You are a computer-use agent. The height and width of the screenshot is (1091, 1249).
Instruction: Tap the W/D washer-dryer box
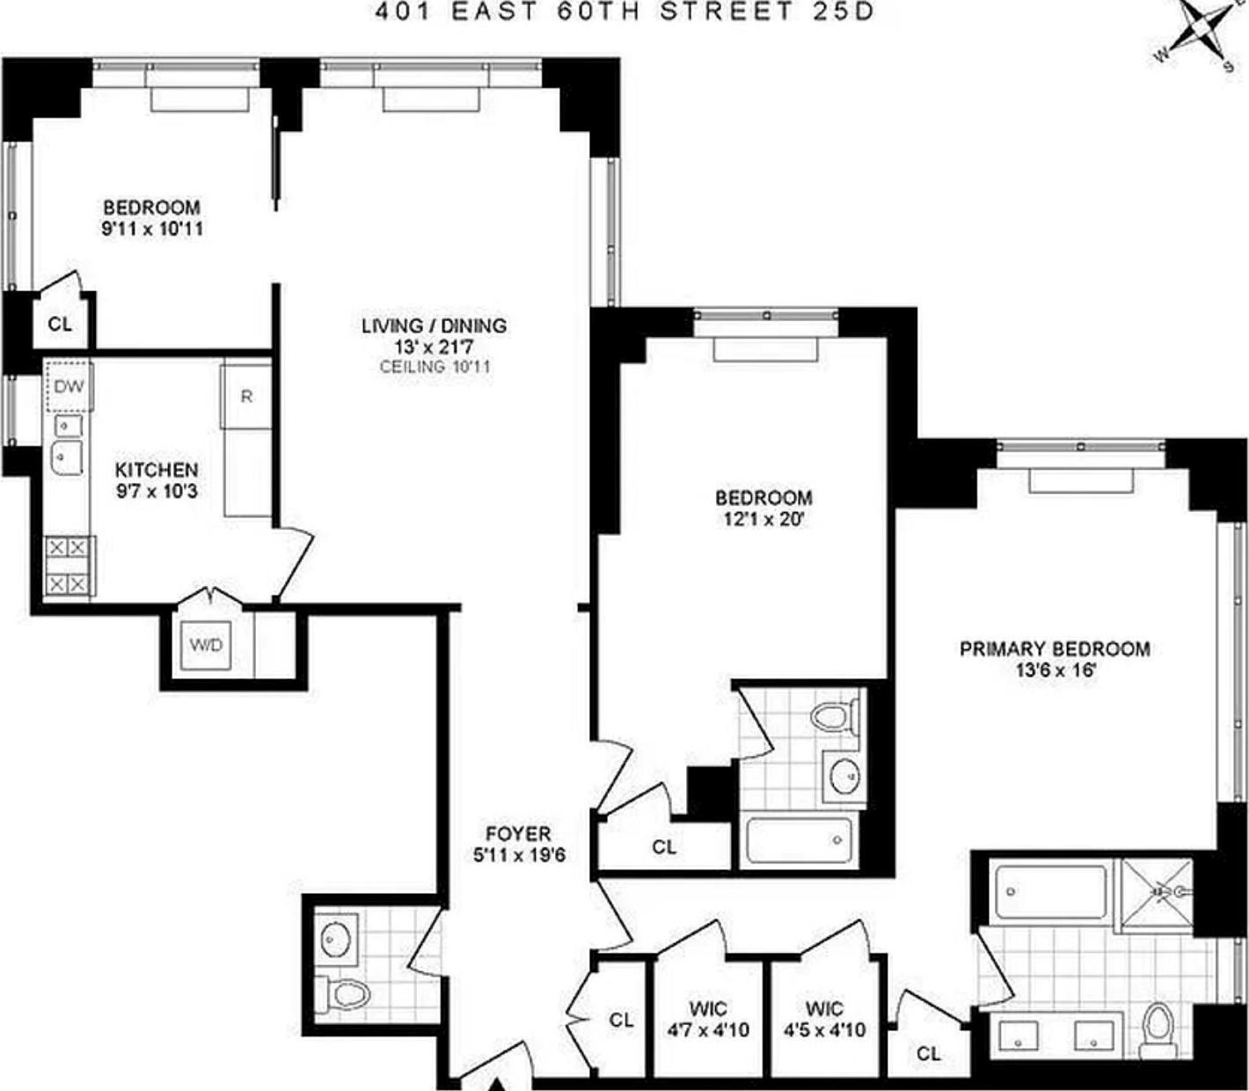pyautogui.click(x=207, y=645)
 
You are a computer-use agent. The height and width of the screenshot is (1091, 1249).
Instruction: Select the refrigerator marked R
pyautogui.click(x=246, y=397)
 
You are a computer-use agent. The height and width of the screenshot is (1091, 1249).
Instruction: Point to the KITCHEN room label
pyautogui.click(x=157, y=470)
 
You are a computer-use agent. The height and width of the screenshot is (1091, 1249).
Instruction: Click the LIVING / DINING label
pyautogui.click(x=434, y=326)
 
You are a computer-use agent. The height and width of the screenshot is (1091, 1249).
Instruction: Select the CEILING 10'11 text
pyautogui.click(x=435, y=367)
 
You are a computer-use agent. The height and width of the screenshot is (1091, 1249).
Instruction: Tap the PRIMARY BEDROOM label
pyautogui.click(x=1055, y=649)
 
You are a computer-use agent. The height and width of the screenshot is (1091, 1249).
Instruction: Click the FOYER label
pyautogui.click(x=518, y=833)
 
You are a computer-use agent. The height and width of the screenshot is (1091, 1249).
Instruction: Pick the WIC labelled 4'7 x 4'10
pyautogui.click(x=708, y=1019)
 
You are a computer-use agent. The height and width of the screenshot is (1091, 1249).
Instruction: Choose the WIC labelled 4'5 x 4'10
pyautogui.click(x=824, y=1019)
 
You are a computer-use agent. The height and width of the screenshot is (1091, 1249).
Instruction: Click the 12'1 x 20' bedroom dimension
pyautogui.click(x=763, y=519)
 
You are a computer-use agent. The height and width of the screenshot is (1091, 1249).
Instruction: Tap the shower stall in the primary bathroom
pyautogui.click(x=1154, y=894)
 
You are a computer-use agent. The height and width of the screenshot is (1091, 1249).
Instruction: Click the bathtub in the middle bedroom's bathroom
pyautogui.click(x=800, y=841)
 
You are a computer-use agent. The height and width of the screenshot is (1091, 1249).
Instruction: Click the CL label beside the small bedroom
pyautogui.click(x=60, y=324)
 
